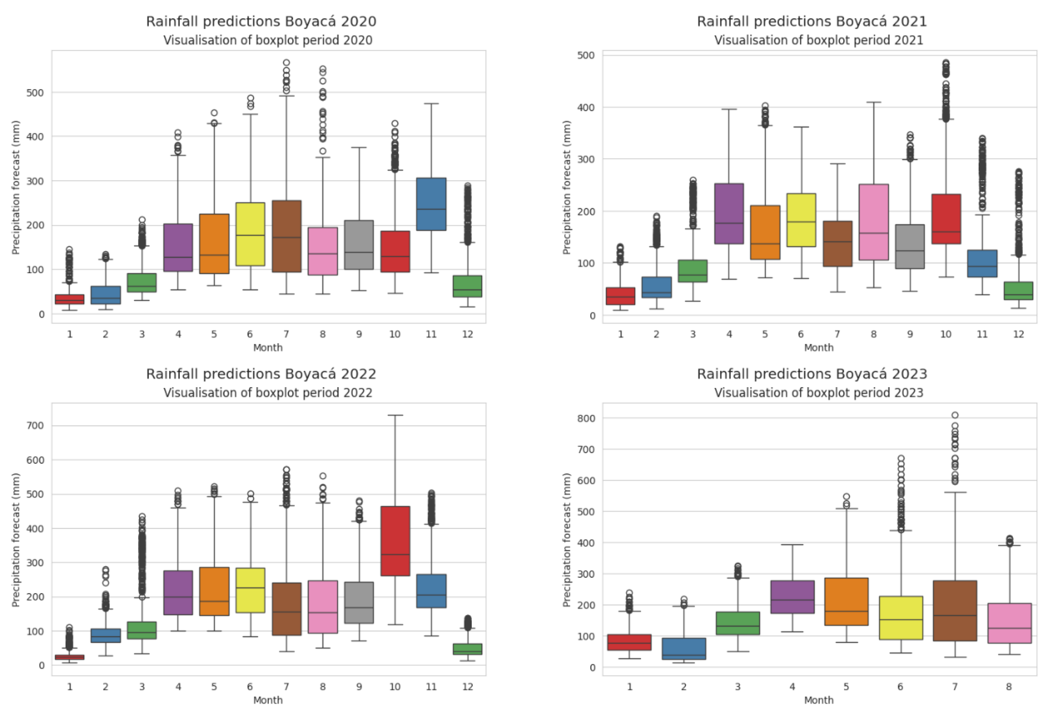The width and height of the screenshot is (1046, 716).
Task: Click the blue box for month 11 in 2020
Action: (431, 204)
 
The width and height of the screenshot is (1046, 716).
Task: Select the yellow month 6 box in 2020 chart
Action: (250, 234)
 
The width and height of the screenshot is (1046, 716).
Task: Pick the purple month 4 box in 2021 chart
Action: (729, 213)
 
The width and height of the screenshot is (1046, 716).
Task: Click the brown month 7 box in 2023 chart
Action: (954, 610)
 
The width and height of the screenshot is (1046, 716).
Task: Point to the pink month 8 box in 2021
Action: (873, 222)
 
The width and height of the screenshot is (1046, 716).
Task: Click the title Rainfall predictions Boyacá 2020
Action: (261, 22)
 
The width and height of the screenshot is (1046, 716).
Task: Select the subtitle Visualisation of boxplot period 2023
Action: (818, 393)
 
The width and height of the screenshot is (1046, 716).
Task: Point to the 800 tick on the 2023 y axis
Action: (586, 418)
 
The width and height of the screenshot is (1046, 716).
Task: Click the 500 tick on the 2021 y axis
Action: (586, 55)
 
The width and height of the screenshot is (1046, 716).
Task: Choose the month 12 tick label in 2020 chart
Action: (467, 334)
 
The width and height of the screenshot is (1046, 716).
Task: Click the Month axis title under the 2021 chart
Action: (818, 348)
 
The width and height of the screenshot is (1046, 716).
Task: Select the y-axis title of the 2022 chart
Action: (16, 540)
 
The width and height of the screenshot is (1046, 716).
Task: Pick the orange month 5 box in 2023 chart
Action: (846, 601)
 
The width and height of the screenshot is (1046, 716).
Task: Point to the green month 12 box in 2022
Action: (467, 649)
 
